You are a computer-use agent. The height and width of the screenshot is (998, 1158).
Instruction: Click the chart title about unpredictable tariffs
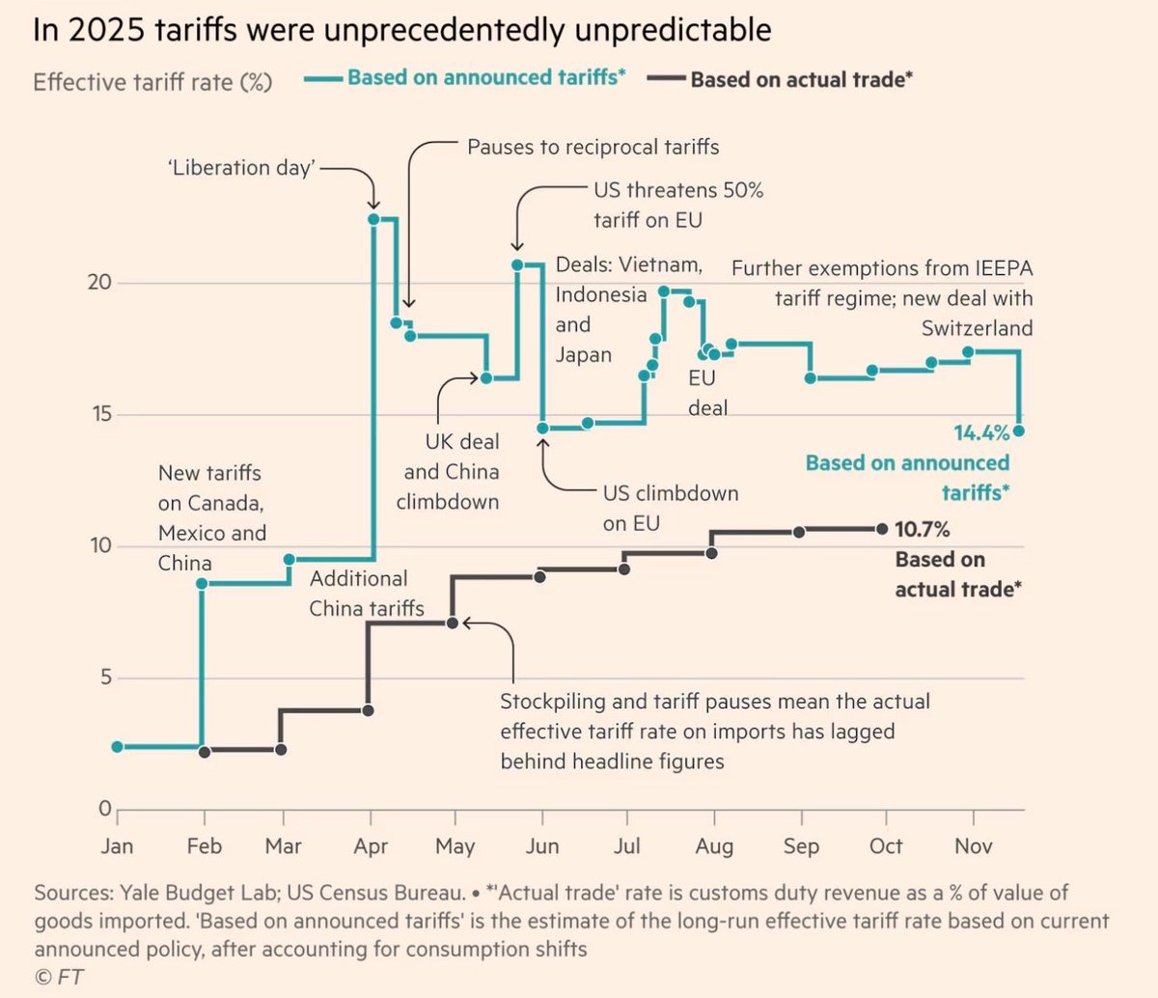pyautogui.click(x=401, y=30)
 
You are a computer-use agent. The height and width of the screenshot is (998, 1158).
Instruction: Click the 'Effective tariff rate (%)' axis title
pyautogui.click(x=152, y=81)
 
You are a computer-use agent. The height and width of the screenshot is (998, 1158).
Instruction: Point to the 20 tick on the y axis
pyautogui.click(x=99, y=282)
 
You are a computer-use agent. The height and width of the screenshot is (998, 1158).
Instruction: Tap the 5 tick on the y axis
pyautogui.click(x=106, y=678)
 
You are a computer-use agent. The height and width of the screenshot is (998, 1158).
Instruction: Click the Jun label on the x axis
pyautogui.click(x=542, y=846)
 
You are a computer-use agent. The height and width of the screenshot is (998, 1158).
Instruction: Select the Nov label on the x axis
pyautogui.click(x=973, y=846)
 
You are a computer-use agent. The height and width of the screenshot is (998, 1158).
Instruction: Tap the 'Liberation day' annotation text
pyautogui.click(x=241, y=167)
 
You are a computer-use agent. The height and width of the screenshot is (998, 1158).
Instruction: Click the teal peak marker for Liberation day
pyautogui.click(x=373, y=219)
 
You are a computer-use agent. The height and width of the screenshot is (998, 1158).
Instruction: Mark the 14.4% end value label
pyautogui.click(x=981, y=432)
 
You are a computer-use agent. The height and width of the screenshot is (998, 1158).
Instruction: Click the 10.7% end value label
pyautogui.click(x=922, y=529)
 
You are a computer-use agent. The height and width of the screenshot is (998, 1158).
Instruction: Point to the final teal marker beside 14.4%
pyautogui.click(x=1019, y=430)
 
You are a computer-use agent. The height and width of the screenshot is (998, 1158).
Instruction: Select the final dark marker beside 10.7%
pyautogui.click(x=881, y=529)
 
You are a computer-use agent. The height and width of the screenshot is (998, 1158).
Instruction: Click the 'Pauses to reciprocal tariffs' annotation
pyautogui.click(x=593, y=147)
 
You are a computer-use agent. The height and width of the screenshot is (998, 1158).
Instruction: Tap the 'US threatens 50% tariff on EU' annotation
pyautogui.click(x=677, y=205)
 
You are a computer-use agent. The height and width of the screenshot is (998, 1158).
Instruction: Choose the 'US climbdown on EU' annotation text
pyautogui.click(x=670, y=508)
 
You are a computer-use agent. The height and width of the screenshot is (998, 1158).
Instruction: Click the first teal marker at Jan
pyautogui.click(x=118, y=746)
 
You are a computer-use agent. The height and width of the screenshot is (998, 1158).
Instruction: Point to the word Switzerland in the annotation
pyautogui.click(x=977, y=328)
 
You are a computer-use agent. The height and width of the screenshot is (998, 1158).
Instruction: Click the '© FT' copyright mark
pyautogui.click(x=59, y=976)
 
